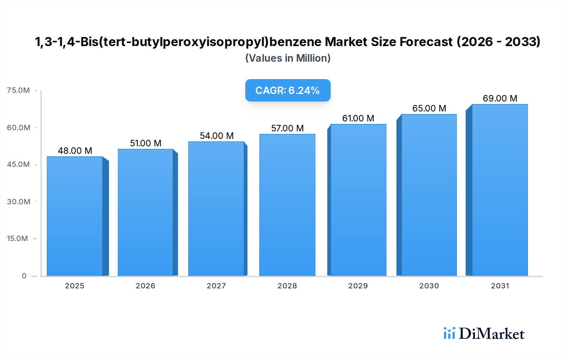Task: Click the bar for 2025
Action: tap(75, 216)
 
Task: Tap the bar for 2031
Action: tap(500, 190)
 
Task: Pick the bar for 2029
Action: tap(358, 200)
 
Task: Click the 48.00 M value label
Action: tap(75, 151)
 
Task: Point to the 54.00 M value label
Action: tap(217, 136)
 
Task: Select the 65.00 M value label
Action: tap(429, 108)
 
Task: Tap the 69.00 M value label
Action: tap(500, 98)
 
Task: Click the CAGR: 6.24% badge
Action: tap(288, 90)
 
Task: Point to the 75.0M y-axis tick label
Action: tap(18, 90)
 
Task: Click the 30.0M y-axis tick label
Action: tap(19, 202)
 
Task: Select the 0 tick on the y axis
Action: tap(24, 276)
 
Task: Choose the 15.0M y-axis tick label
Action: tap(17, 239)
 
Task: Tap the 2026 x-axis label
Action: tap(145, 286)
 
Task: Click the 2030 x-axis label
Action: tap(429, 286)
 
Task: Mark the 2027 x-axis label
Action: tap(216, 286)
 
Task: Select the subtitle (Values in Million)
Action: tap(288, 58)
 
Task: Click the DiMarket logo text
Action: tap(491, 334)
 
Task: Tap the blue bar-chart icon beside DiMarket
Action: tap(449, 333)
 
